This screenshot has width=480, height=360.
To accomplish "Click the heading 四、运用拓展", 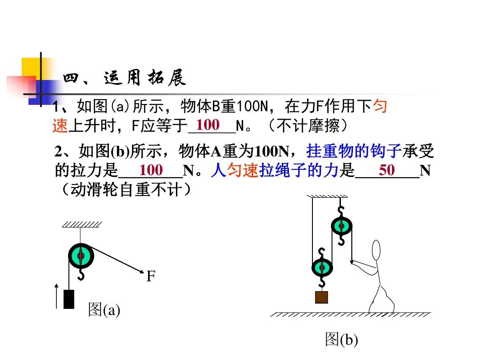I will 124,79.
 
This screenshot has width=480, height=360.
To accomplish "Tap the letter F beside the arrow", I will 151,276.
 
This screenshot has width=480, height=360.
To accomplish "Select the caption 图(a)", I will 104,309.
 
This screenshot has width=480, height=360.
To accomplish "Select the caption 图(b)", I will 341,340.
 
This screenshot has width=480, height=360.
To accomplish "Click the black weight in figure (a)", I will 69,299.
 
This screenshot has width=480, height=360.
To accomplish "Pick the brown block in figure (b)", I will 321,297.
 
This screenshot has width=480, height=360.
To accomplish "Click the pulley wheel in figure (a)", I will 81,256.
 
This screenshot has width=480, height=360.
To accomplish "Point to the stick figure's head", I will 376,250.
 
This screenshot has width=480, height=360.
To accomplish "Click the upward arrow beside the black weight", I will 56,296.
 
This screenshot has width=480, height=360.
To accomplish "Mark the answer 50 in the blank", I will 387,170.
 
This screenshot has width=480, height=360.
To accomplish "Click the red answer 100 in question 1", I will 208,125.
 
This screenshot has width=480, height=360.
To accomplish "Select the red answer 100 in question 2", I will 151,170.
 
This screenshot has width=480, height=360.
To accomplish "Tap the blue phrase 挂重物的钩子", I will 354,152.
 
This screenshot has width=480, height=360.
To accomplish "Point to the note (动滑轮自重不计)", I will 127,190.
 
